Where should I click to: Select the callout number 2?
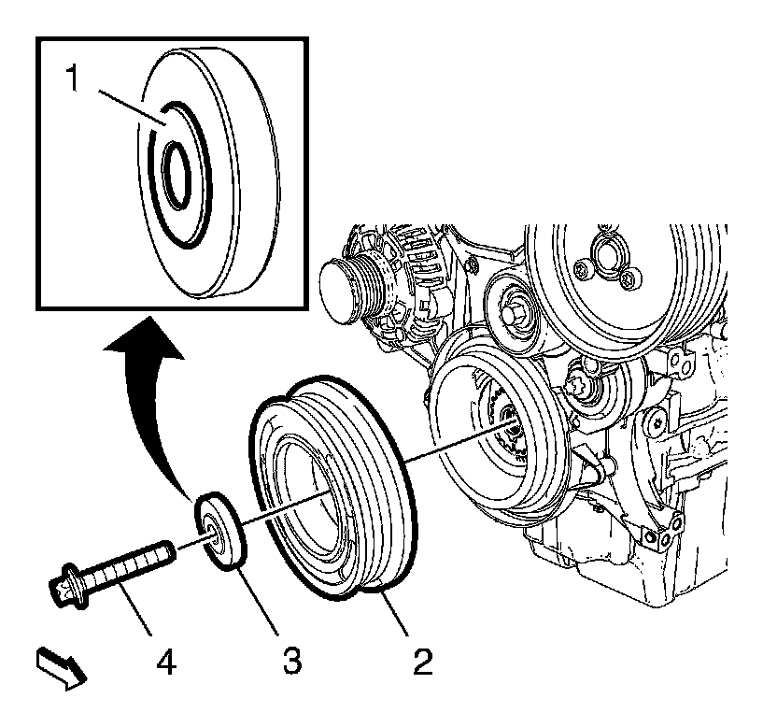click(x=422, y=662)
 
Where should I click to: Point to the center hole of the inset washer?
click(x=176, y=171)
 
